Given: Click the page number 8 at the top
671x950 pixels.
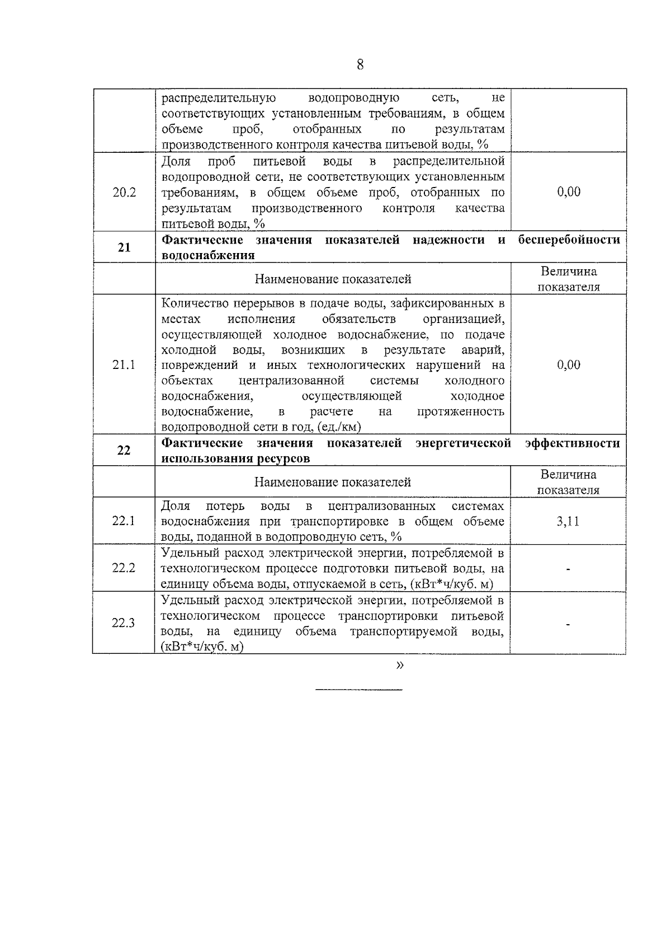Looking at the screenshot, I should point(360,65).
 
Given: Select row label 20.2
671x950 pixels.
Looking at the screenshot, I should point(124,193).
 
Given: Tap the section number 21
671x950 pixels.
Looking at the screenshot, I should point(124,247).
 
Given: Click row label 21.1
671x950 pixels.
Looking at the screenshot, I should point(124,365).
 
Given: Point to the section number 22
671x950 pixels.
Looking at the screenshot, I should point(124,450).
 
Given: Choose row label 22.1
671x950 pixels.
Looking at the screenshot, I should point(124,521).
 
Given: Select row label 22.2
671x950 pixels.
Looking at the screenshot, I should point(124,568).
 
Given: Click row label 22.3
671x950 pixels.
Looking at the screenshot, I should point(124,623).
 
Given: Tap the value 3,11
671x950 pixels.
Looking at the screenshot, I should point(568,522).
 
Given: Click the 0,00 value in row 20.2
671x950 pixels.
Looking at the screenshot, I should point(569,192).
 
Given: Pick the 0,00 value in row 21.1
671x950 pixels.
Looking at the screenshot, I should point(569,365).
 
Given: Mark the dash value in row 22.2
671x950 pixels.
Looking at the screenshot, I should point(568,569).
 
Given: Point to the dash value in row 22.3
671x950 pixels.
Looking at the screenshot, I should point(568,624).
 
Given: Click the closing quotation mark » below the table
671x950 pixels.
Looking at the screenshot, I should point(399,666).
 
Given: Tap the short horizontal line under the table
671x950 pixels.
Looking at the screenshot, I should point(359,689).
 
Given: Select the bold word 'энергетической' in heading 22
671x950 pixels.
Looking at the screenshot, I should point(464,443).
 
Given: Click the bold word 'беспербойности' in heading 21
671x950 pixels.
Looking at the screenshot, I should point(569,240).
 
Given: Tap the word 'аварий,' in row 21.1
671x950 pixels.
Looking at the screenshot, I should point(483,350).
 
